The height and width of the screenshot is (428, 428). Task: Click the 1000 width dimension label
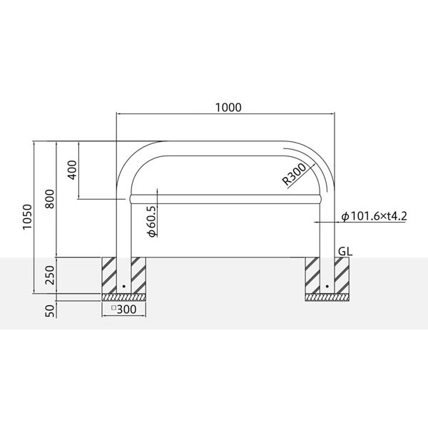[x=228, y=108]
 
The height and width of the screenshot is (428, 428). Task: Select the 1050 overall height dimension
[x=28, y=217]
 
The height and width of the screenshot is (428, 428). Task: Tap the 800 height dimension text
[x=50, y=199]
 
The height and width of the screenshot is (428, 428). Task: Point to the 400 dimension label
[x=72, y=170]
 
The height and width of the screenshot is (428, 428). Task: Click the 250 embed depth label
[x=50, y=275]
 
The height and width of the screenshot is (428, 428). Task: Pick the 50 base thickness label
[x=50, y=310]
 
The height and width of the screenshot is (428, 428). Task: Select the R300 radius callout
[x=294, y=175]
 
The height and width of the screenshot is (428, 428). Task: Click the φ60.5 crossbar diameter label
[x=151, y=221]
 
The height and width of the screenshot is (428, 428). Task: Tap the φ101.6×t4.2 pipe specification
[x=374, y=216]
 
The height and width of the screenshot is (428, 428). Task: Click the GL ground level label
[x=345, y=251]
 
